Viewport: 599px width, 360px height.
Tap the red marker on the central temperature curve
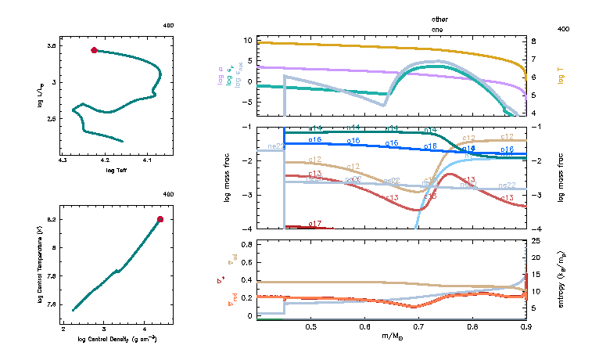click(160, 219)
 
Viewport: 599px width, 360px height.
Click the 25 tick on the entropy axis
click(536, 240)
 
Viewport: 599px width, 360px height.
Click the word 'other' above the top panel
click(439, 18)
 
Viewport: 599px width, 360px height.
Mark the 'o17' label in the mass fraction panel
click(316, 224)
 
